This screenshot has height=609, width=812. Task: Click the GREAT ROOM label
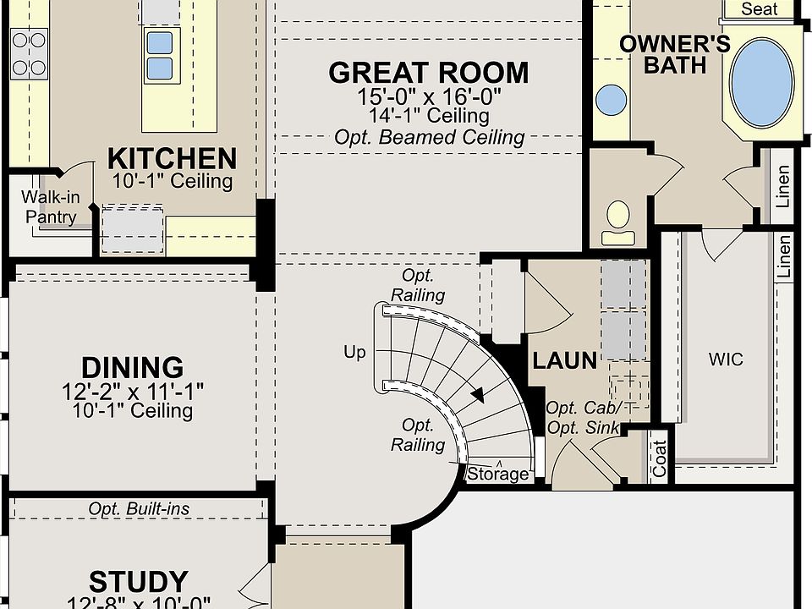point(429,73)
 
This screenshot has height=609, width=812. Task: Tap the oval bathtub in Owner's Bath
point(762,83)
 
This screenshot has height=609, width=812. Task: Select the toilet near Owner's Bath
point(617,222)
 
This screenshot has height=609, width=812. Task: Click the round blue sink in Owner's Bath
point(611,100)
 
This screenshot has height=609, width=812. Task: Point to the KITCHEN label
point(172,158)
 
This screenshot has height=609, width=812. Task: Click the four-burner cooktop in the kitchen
point(29,54)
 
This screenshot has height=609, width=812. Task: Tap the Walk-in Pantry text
point(51,206)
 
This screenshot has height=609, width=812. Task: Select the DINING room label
point(133,368)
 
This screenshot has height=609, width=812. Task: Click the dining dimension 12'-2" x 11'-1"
point(133,392)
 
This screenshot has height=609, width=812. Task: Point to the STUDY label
point(138,582)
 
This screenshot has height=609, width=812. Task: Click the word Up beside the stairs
point(354,353)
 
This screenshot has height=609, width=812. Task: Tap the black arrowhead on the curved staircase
point(478,396)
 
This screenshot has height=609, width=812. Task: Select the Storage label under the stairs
point(498,474)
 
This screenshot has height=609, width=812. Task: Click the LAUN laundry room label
point(564,361)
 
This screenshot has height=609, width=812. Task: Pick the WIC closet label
point(726,359)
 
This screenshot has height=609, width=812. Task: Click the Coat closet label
point(659,458)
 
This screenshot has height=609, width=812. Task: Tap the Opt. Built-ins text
point(139,509)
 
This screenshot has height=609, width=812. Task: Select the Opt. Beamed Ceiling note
point(430,137)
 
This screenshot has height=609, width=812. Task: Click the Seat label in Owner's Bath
point(760,8)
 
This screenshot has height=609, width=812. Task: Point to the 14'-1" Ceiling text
point(429,116)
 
